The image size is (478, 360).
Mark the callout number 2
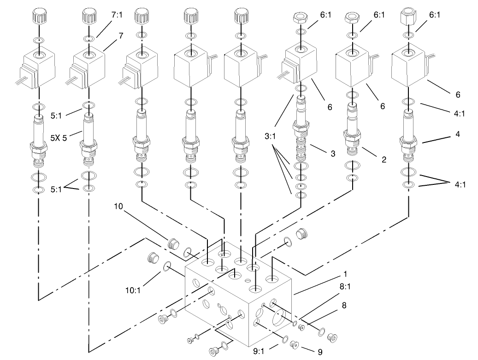tap(383, 160)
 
